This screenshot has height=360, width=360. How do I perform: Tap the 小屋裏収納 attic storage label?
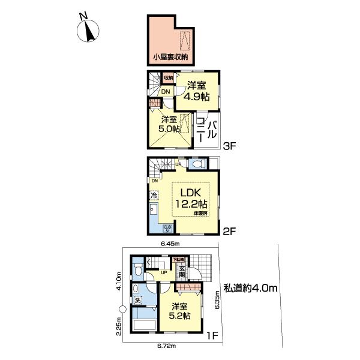(x=170, y=58)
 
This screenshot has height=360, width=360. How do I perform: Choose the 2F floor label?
(x=229, y=230)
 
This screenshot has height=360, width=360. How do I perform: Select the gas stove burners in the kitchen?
(x=167, y=229)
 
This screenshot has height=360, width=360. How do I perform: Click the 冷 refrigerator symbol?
(x=154, y=194)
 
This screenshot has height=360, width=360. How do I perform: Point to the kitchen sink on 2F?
(x=154, y=210)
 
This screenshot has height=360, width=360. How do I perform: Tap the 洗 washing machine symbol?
(x=138, y=300)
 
